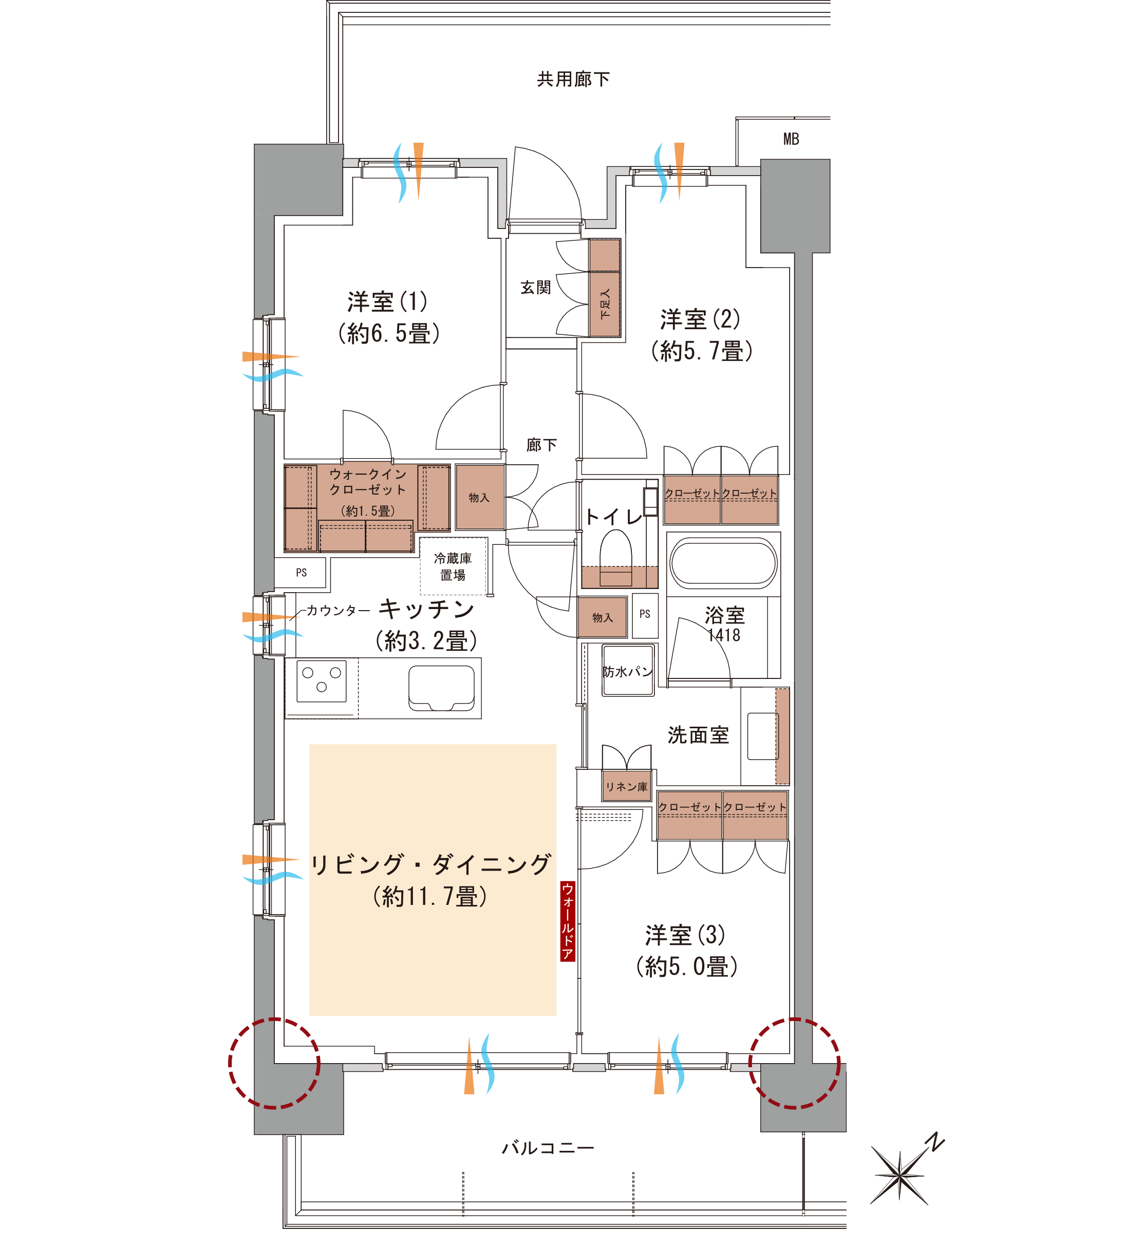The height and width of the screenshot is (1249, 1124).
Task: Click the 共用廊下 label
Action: [x=573, y=79]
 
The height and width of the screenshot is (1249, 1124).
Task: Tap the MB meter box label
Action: [x=791, y=139]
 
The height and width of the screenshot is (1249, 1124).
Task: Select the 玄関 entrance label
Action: [x=535, y=287]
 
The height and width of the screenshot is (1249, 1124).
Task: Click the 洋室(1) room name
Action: [x=387, y=301]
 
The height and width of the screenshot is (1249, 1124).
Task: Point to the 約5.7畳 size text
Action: [x=702, y=351]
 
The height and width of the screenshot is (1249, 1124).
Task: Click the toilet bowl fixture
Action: [x=616, y=558]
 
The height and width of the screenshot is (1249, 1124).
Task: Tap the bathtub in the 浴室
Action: [x=723, y=563]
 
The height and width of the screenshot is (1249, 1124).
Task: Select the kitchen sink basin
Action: [x=441, y=688]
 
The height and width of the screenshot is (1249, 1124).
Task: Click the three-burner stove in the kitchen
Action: [x=321, y=680]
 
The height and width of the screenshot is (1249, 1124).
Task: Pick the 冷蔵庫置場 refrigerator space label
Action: [x=453, y=566]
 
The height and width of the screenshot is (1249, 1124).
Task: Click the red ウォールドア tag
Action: [x=568, y=920]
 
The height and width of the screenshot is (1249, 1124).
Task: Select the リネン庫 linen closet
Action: [x=626, y=787]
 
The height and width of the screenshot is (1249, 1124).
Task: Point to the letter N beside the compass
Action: [x=936, y=1142]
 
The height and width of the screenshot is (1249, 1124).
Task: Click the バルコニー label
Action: [x=548, y=1148]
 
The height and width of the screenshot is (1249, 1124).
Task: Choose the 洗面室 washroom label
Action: [x=698, y=735]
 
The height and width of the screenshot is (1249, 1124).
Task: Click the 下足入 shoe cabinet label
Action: [x=605, y=303]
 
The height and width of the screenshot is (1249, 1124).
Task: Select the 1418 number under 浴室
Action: [x=724, y=635]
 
